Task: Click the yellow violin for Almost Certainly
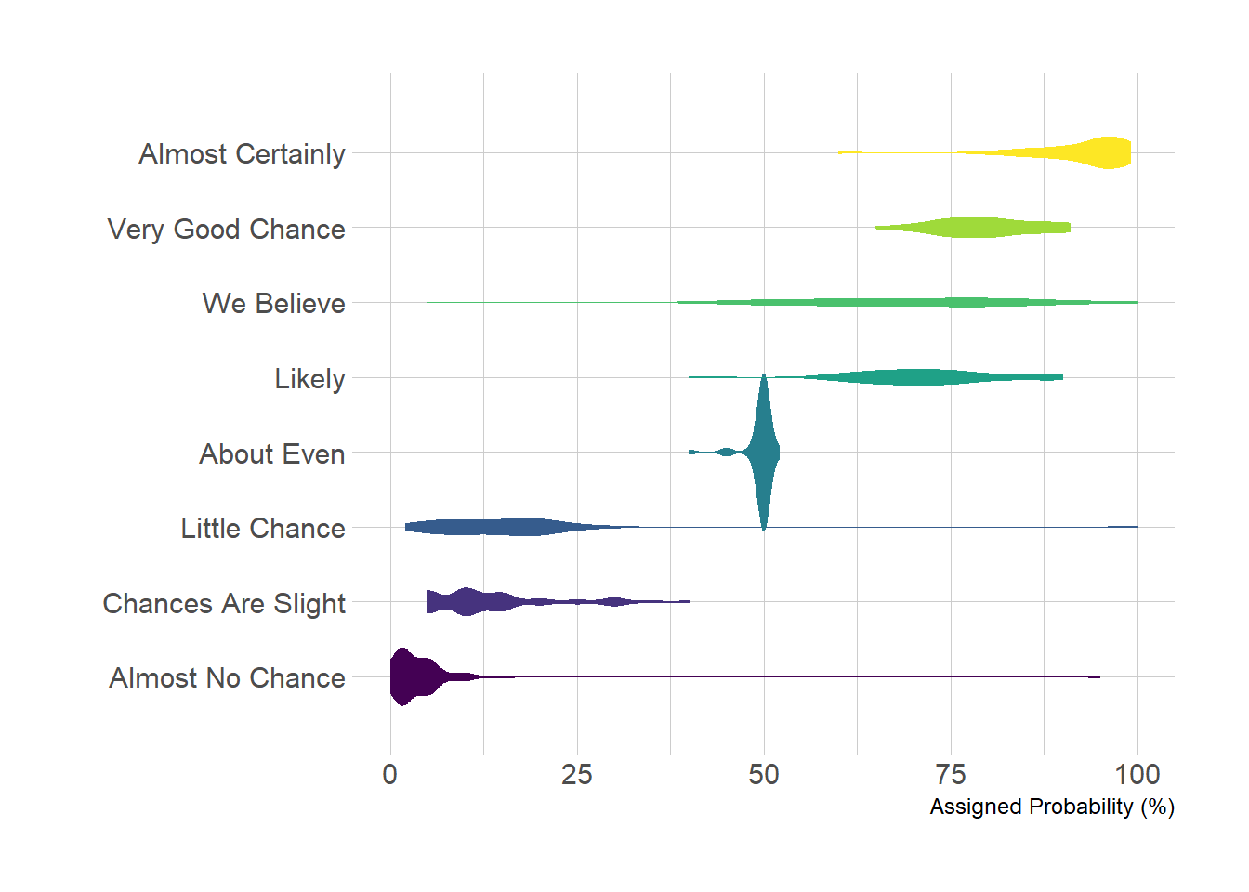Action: pyautogui.click(x=1106, y=152)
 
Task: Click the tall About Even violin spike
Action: pyautogui.click(x=764, y=452)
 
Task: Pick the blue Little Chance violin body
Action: pyautogui.click(x=502, y=527)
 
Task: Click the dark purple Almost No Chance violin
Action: pyautogui.click(x=409, y=676)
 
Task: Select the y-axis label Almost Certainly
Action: pyautogui.click(x=242, y=153)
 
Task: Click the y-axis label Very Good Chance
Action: pyautogui.click(x=226, y=229)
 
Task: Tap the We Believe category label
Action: pyautogui.click(x=273, y=304)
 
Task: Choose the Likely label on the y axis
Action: pyautogui.click(x=309, y=379)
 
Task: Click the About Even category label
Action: pyautogui.click(x=271, y=454)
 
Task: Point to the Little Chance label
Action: pyautogui.click(x=262, y=529)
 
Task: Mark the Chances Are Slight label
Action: pyautogui.click(x=223, y=604)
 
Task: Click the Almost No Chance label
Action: pyautogui.click(x=227, y=678)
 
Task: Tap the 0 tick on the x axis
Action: pyautogui.click(x=389, y=774)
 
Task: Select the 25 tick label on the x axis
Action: pyautogui.click(x=576, y=774)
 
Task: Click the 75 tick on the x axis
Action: pyautogui.click(x=951, y=774)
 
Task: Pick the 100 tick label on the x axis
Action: pyautogui.click(x=1137, y=774)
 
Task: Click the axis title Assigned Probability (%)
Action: pyautogui.click(x=1052, y=807)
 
